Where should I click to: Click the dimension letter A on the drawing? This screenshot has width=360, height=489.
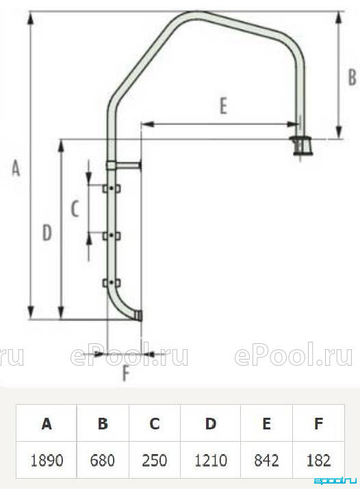[16, 168]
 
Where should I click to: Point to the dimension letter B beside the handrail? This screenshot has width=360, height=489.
[352, 77]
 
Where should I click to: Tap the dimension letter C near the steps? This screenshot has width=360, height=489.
[75, 209]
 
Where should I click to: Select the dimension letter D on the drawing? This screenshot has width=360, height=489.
[47, 233]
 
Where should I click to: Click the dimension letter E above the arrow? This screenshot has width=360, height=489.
[224, 105]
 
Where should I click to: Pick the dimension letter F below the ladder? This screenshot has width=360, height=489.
[126, 373]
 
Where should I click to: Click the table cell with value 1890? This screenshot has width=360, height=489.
[47, 460]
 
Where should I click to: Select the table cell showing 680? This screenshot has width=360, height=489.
[103, 460]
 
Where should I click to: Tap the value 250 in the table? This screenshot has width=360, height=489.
[155, 460]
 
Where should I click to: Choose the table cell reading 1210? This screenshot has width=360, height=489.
[210, 460]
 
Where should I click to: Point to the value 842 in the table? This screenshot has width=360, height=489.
[266, 460]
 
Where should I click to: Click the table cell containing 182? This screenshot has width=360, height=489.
[318, 460]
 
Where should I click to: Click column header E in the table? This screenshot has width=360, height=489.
[266, 423]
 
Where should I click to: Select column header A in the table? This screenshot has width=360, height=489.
[47, 423]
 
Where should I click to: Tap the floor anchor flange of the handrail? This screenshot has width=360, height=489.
[300, 146]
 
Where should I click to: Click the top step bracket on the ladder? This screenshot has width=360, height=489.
[112, 188]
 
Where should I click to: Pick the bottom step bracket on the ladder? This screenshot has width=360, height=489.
[112, 283]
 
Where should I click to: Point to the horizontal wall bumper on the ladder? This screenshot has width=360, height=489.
[124, 165]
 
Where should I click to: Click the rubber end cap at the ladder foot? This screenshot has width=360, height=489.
[139, 316]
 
